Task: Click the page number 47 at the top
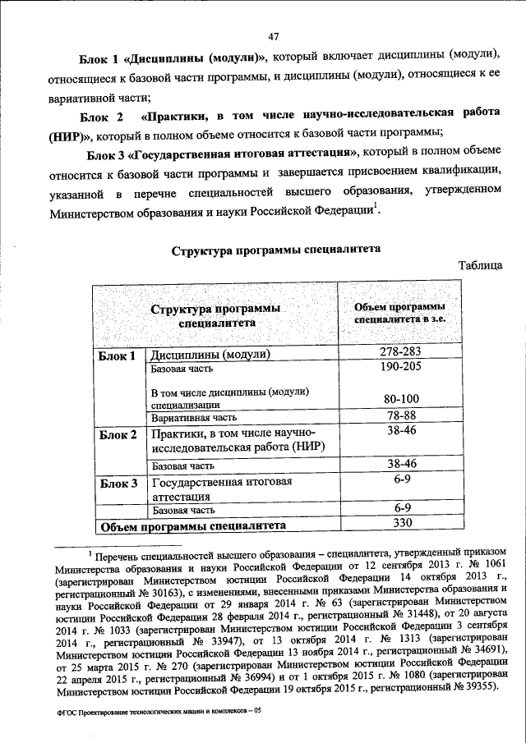pyautogui.click(x=275, y=34)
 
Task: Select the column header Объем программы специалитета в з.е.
pyautogui.click(x=399, y=314)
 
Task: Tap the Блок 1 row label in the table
pyautogui.click(x=117, y=355)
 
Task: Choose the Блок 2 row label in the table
pyautogui.click(x=117, y=434)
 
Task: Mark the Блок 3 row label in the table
pyautogui.click(x=117, y=484)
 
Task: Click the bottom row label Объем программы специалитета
pyautogui.click(x=191, y=525)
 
